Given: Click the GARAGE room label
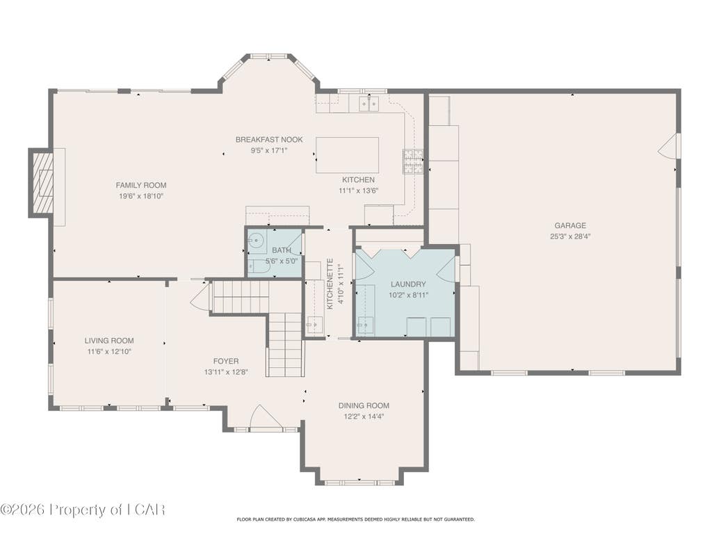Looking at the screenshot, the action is coord(570,225).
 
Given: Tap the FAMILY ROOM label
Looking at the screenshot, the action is coord(140,185).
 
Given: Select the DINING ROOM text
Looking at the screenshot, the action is coord(364,405).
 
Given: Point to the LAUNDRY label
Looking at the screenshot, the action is coord(408,284).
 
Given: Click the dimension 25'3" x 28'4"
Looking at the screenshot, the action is coord(570,236).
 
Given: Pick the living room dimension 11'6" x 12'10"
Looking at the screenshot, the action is coord(109,351).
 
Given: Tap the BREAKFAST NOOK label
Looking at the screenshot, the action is coord(269,139).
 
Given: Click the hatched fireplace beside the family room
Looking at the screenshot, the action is coord(41,183).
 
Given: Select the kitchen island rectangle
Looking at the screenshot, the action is coord(348,155).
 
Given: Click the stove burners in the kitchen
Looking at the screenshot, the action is coord(412,162).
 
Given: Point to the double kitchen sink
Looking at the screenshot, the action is coord(369,104).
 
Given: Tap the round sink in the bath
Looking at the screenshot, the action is coord(257,239).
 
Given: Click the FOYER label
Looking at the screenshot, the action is coord(226,362).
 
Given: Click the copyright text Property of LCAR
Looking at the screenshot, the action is coord(82,510).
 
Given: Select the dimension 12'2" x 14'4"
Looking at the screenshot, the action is coord(364,416).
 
